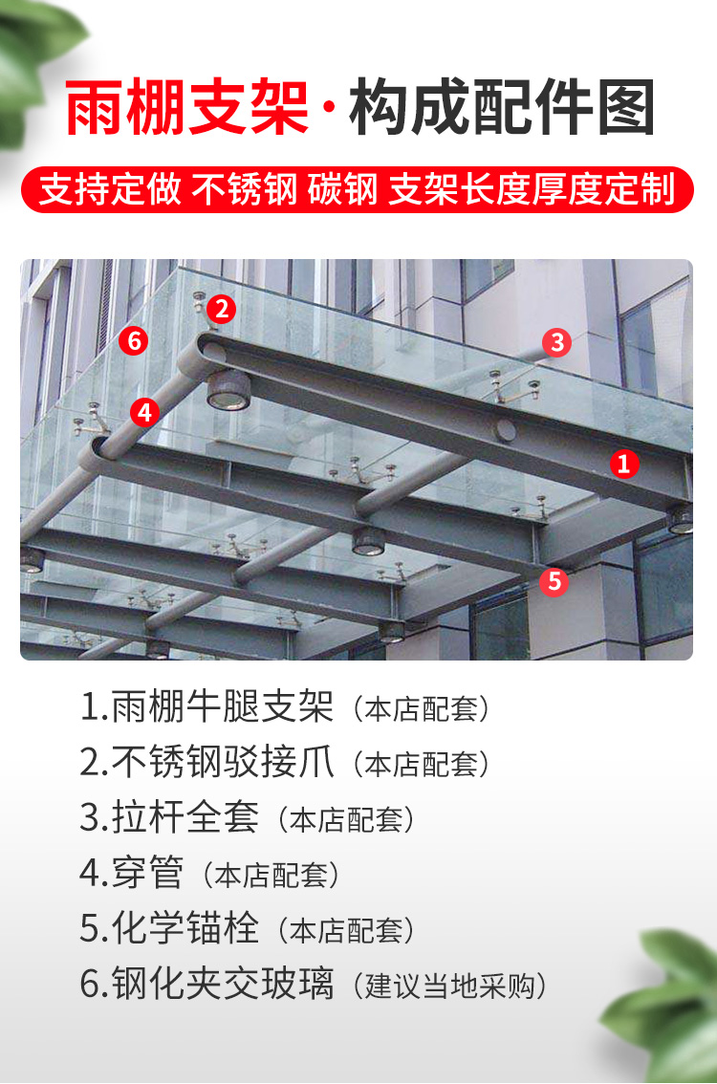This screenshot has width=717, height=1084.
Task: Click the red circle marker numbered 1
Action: click(x=624, y=465)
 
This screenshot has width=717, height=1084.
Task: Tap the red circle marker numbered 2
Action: click(x=222, y=309)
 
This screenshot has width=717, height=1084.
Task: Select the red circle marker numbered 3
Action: click(x=557, y=342)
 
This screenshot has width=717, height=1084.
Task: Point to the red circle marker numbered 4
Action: click(x=144, y=412)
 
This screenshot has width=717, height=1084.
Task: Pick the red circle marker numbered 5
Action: click(x=554, y=581)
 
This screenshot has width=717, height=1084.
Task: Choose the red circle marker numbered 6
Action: click(x=134, y=339)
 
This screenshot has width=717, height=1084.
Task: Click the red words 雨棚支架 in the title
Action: click(x=187, y=110)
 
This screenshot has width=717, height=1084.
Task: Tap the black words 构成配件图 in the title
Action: click(x=501, y=110)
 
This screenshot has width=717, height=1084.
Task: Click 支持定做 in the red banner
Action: click(x=110, y=189)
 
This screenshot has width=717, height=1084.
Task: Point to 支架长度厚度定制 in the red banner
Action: click(x=532, y=189)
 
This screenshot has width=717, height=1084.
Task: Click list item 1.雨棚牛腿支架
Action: click(x=207, y=707)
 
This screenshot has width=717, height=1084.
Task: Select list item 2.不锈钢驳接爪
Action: click(x=207, y=763)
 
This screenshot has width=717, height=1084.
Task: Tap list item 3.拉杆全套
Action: click(x=170, y=818)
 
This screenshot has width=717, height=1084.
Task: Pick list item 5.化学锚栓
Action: click(x=170, y=929)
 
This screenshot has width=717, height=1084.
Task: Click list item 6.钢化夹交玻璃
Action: click(x=207, y=985)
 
